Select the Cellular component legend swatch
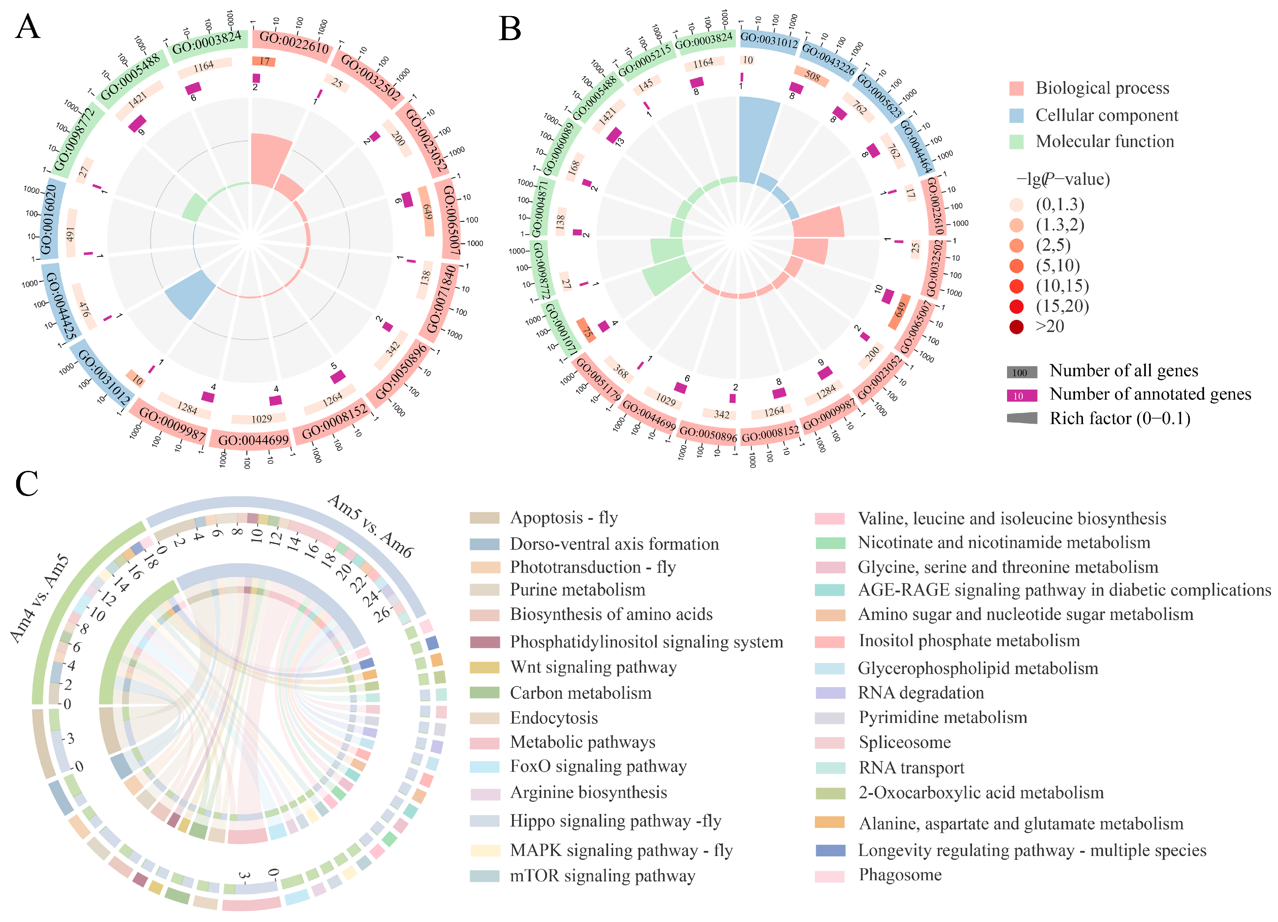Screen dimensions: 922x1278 pos(1016,115)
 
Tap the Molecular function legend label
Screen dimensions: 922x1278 pos(1105,141)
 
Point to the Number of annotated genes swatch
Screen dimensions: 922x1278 pos(1022,395)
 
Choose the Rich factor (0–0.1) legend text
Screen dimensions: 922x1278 pos(1120,418)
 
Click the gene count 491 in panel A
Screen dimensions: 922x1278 pos(71,234)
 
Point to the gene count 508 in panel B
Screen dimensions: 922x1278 pos(812,76)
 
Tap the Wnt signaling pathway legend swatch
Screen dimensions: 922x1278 pos(485,667)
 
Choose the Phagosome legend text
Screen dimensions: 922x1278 pos(900,875)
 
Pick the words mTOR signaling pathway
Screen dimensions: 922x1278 pos(602,876)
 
